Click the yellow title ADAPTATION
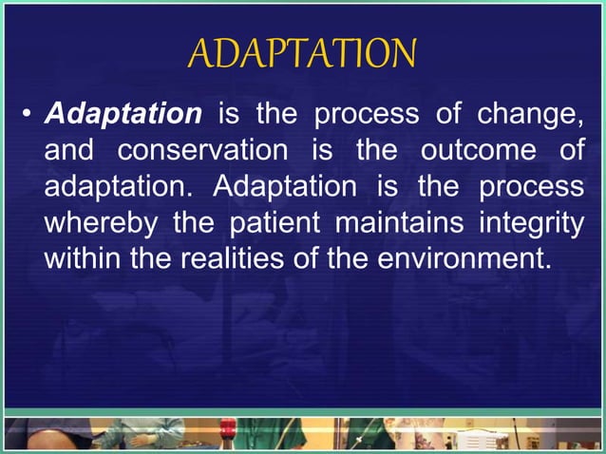click(302, 54)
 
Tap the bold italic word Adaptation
click(123, 115)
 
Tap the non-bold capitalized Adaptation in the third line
click(281, 185)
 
